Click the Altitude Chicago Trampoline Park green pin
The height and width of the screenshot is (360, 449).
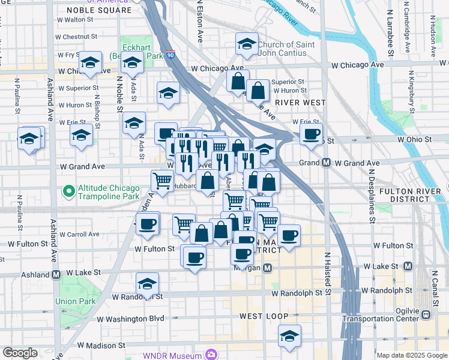click(x=69, y=192)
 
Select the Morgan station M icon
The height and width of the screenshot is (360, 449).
click(x=268, y=268)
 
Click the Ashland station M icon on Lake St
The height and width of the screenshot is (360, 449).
click(x=56, y=275)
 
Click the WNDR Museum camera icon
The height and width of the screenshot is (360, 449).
click(x=211, y=355)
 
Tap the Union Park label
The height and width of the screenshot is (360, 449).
click(x=75, y=301)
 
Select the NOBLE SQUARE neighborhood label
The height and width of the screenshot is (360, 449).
click(x=99, y=10)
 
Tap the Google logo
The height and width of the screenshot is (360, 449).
click(x=20, y=353)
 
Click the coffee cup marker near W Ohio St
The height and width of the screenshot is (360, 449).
click(x=311, y=134)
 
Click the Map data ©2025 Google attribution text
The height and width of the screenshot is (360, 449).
click(x=411, y=355)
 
